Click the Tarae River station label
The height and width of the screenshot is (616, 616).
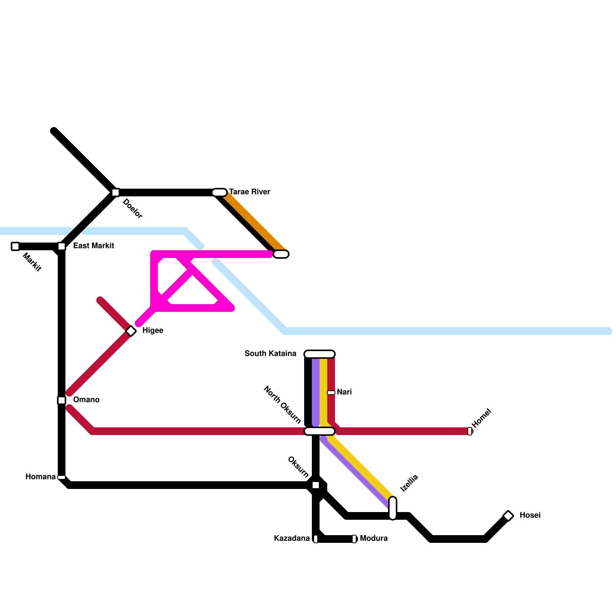pos(249,192)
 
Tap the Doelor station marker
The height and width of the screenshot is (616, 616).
pos(115,192)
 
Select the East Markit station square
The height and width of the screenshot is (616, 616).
pos(62,246)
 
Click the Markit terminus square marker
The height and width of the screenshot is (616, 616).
pos(15,246)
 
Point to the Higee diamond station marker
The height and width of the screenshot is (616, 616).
pos(131,331)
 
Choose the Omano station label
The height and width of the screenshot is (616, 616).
pos(86,400)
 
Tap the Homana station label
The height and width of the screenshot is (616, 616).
pos(40,477)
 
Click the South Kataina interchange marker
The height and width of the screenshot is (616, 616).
pos(320,354)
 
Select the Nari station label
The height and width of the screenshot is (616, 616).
pos(344,392)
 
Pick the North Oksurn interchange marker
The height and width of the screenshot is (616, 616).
pos(320,431)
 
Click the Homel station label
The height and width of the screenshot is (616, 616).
pos(482,418)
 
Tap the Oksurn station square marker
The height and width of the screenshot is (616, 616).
pos(316,485)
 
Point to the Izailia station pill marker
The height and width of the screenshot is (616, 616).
pos(393,508)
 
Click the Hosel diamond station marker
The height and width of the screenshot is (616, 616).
pos(508,516)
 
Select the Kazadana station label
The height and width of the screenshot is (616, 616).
pos(292,538)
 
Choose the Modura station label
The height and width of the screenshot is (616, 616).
pos(373,538)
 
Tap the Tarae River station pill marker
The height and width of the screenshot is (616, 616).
pos(219,192)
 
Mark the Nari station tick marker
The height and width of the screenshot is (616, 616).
pos(331,393)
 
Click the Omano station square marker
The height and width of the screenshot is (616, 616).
pos(62,400)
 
